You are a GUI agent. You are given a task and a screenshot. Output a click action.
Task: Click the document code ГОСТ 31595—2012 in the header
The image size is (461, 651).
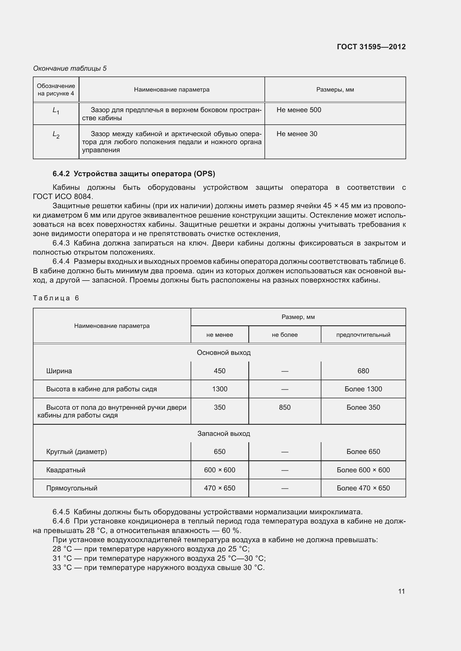click(x=371, y=47)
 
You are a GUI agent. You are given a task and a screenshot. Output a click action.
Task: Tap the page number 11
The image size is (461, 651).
click(x=401, y=591)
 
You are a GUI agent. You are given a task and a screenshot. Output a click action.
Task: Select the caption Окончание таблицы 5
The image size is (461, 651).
click(x=70, y=68)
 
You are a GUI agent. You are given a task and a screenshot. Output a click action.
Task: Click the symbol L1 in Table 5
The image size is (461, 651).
click(x=56, y=110)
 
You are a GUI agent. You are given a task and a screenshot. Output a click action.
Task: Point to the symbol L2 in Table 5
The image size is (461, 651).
click(x=56, y=135)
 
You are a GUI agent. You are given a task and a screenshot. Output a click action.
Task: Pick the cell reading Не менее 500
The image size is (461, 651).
click(x=299, y=110)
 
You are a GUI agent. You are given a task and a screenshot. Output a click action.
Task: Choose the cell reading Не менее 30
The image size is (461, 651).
click(x=297, y=134)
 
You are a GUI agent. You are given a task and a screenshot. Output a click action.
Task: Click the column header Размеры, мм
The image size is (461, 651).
click(x=335, y=90)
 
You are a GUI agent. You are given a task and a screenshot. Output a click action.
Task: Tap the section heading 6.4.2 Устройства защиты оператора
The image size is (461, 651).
click(x=134, y=174)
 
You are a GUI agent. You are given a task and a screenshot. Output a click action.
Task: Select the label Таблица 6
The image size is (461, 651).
click(x=56, y=298)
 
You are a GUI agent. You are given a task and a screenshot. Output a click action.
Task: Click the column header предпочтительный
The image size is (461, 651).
click(x=363, y=335)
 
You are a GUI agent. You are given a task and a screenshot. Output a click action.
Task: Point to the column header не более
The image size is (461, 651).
click(x=285, y=335)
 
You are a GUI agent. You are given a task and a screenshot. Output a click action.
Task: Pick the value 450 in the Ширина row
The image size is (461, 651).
click(x=219, y=371)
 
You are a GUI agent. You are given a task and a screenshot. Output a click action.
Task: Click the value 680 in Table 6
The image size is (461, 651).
click(x=363, y=371)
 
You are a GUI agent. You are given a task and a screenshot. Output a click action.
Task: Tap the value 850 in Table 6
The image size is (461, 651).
click(x=285, y=407)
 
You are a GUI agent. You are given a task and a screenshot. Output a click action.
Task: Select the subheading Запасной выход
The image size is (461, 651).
click(x=224, y=434)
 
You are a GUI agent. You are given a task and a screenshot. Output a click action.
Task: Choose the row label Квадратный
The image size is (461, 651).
click(x=65, y=470)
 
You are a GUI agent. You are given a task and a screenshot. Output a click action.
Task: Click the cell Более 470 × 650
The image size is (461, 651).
click(x=363, y=488)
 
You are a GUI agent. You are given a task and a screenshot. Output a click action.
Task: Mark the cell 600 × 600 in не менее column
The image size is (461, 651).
click(x=219, y=470)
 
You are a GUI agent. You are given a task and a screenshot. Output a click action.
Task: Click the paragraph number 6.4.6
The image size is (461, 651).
click(x=61, y=521)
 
